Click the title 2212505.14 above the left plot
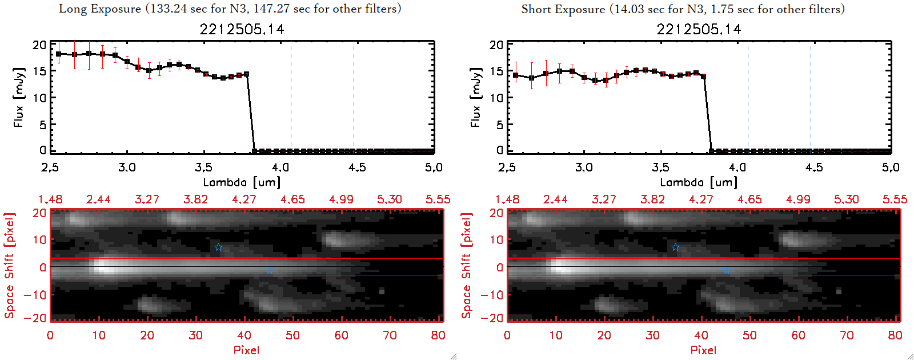pyautogui.click(x=242, y=29)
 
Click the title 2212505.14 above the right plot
pyautogui.click(x=699, y=29)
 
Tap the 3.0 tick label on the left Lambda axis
pyautogui.click(x=127, y=167)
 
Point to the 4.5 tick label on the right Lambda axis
pyautogui.click(x=814, y=167)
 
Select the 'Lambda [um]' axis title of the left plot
pyautogui.click(x=242, y=182)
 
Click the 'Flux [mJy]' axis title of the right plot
pyautogui.click(x=475, y=97)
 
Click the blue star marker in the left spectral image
pyautogui.click(x=218, y=247)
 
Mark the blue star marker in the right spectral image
pyautogui.click(x=675, y=247)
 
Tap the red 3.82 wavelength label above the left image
pyautogui.click(x=195, y=199)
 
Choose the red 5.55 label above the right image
pyautogui.click(x=895, y=199)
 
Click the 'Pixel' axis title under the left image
pyautogui.click(x=246, y=350)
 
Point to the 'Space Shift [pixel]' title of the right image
pyautogui.click(x=467, y=266)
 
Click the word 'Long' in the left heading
pyautogui.click(x=71, y=9)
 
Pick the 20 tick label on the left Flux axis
pyautogui.click(x=39, y=45)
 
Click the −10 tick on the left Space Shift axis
pyautogui.click(x=35, y=294)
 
